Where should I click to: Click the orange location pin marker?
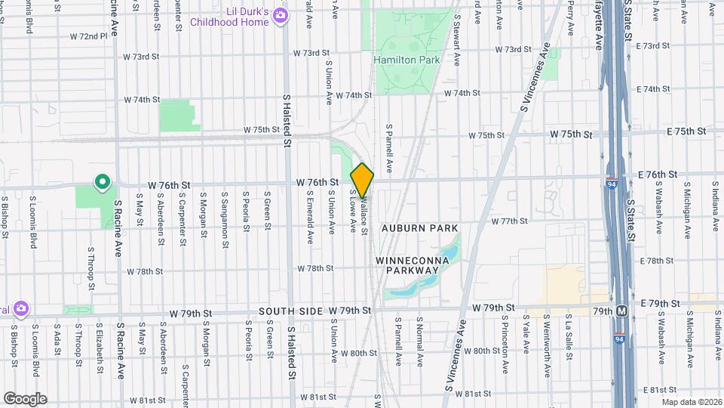(362, 181)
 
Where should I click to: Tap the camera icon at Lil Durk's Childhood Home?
(281, 15)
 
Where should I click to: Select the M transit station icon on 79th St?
(622, 311)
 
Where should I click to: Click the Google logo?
(24, 398)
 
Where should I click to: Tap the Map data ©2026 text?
(690, 401)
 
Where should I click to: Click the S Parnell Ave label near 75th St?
(390, 147)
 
